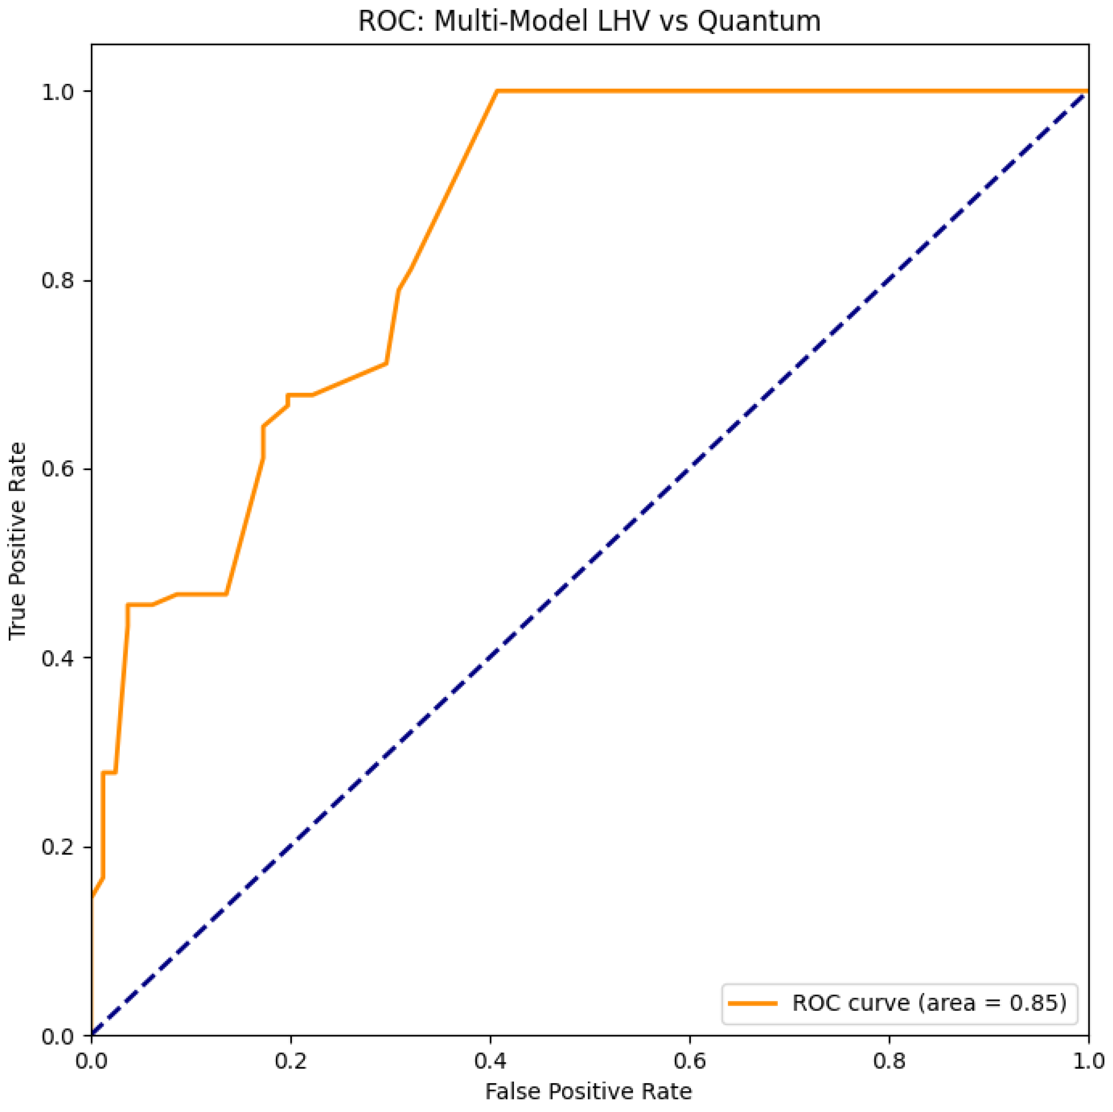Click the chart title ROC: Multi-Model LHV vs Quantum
(x=589, y=22)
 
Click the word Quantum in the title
(x=759, y=22)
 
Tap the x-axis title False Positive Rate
(x=589, y=1091)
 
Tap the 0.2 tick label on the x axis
(x=291, y=1061)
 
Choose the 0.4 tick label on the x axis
(x=490, y=1061)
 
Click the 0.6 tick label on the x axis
(x=689, y=1061)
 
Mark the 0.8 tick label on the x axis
(x=889, y=1061)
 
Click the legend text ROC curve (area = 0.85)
(x=928, y=1003)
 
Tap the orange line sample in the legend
(x=752, y=1003)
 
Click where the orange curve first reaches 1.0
(x=496, y=91)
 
